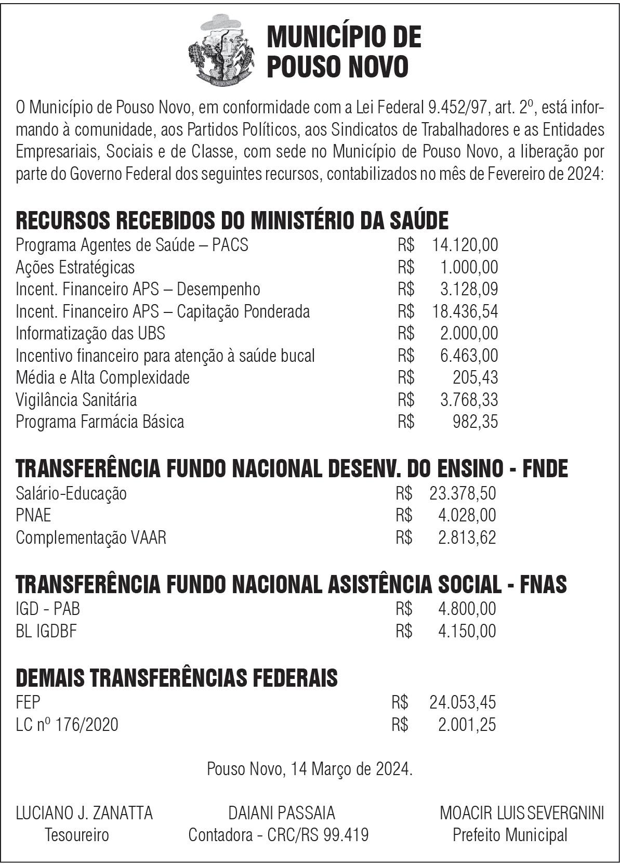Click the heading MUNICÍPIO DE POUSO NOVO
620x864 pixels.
pyautogui.click(x=344, y=52)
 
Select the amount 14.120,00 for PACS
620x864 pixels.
pyautogui.click(x=465, y=244)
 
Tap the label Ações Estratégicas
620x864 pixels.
pyautogui.click(x=75, y=267)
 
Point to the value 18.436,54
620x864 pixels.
pyautogui.click(x=465, y=311)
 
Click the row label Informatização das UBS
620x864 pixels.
pyautogui.click(x=90, y=333)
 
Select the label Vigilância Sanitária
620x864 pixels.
pyautogui.click(x=76, y=400)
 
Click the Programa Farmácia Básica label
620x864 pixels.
pyautogui.click(x=100, y=422)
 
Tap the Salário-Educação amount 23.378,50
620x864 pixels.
pyautogui.click(x=463, y=493)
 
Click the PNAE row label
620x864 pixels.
pyautogui.click(x=33, y=515)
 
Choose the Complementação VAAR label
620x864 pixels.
pyautogui.click(x=91, y=537)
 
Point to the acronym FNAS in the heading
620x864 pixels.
pyautogui.click(x=544, y=584)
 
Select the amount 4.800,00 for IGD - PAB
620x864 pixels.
pyautogui.click(x=467, y=608)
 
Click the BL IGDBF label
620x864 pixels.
pyautogui.click(x=46, y=631)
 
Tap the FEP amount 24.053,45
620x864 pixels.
pyautogui.click(x=463, y=702)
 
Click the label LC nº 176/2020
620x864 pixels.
pyautogui.click(x=67, y=724)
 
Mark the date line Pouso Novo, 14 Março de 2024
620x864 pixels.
pyautogui.click(x=310, y=768)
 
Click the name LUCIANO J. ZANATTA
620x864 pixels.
pyautogui.click(x=84, y=813)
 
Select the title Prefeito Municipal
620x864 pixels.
pyautogui.click(x=510, y=835)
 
